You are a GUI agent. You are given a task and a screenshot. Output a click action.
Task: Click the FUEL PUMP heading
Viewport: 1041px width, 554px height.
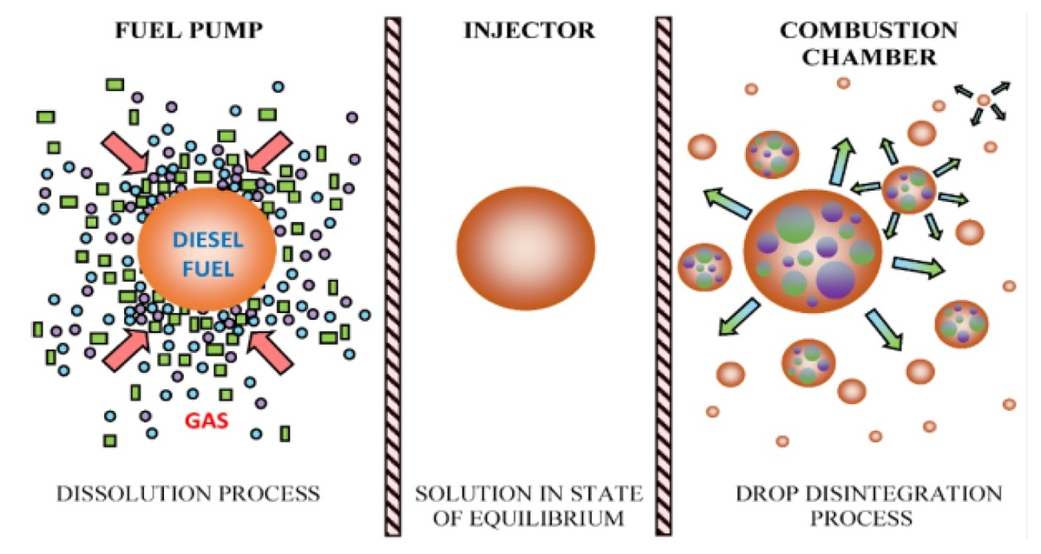[x=189, y=30]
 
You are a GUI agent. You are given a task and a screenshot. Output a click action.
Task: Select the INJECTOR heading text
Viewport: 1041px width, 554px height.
[x=529, y=30]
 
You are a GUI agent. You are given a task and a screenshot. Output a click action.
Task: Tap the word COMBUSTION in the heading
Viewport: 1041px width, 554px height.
[x=868, y=30]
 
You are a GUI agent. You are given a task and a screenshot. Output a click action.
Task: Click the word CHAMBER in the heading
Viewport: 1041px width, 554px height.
[x=869, y=57]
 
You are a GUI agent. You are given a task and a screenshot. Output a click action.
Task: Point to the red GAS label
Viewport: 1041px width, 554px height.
[x=206, y=420]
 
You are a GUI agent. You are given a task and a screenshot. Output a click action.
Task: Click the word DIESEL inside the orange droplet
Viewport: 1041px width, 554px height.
[x=207, y=240]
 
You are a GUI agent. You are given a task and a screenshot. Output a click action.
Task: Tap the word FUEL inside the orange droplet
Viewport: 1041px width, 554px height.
[x=207, y=269]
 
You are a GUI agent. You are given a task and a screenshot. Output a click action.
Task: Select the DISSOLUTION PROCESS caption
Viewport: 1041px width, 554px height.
[x=188, y=494]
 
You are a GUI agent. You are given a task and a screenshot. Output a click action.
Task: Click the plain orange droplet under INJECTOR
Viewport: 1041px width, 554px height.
[x=526, y=248]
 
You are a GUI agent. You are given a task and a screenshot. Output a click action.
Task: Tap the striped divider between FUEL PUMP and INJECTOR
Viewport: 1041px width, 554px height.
[x=393, y=277]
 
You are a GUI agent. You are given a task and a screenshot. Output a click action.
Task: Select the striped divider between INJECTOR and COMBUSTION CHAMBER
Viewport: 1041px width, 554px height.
[x=664, y=277]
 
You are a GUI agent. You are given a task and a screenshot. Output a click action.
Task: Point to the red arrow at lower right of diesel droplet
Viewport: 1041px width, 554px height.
[x=270, y=352]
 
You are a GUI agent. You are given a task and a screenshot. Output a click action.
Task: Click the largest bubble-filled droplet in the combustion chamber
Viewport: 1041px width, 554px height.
[x=813, y=251]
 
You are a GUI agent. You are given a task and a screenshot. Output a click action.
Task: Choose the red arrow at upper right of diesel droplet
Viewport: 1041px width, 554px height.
[x=269, y=152]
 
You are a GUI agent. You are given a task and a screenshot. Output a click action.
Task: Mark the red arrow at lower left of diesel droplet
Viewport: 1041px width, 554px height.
[x=127, y=351]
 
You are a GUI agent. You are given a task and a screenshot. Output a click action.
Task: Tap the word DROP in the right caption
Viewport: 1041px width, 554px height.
[x=767, y=494]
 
